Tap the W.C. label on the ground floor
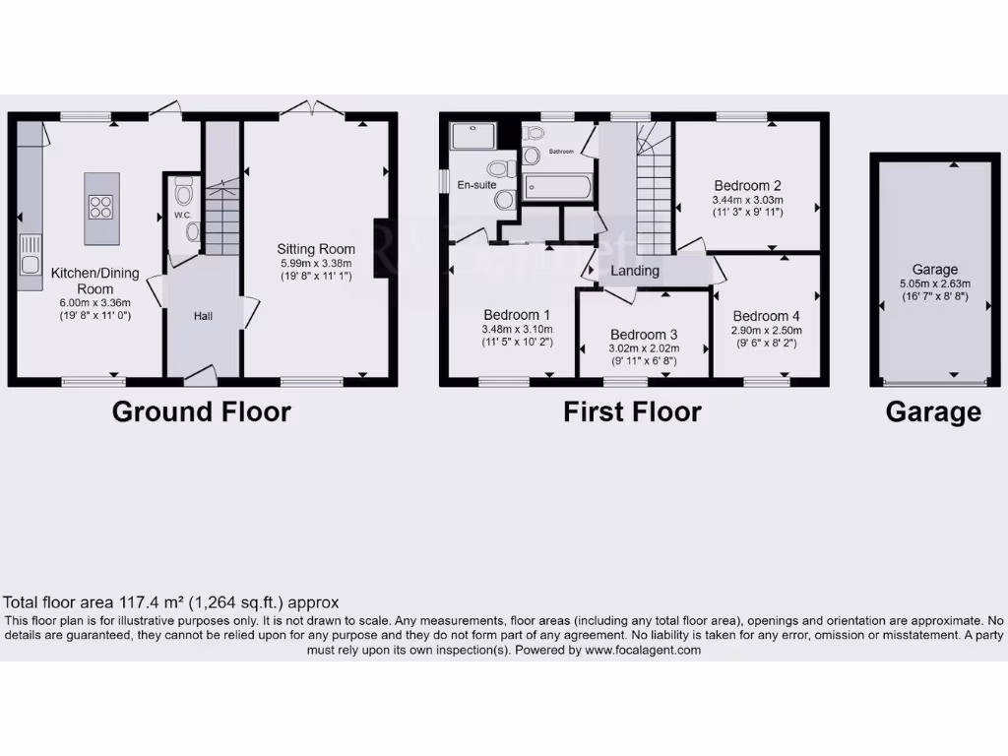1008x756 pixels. point(181,215)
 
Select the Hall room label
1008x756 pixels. point(203,316)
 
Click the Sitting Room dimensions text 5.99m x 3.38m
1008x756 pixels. point(315,264)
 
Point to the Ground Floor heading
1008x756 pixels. point(201,411)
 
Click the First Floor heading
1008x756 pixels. point(632,411)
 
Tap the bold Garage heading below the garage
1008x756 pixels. point(933,411)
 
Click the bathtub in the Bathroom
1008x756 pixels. point(557,187)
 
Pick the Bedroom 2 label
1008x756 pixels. point(747,185)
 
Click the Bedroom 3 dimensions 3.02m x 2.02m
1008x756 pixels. point(644,347)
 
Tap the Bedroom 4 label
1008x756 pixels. point(767,316)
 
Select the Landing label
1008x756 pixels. point(635,271)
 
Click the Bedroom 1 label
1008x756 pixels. point(517,314)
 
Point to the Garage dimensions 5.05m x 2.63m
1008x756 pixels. point(934,283)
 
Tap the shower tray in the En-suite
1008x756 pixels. point(474,135)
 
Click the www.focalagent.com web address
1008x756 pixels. point(643,650)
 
